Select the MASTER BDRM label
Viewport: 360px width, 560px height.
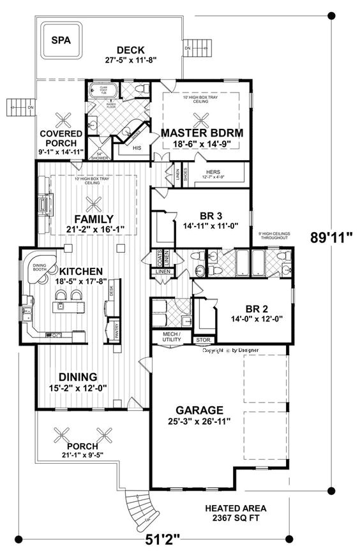pos(202,133)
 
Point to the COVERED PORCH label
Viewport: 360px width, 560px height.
pos(61,138)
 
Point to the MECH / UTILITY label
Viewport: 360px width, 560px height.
pos(171,337)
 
